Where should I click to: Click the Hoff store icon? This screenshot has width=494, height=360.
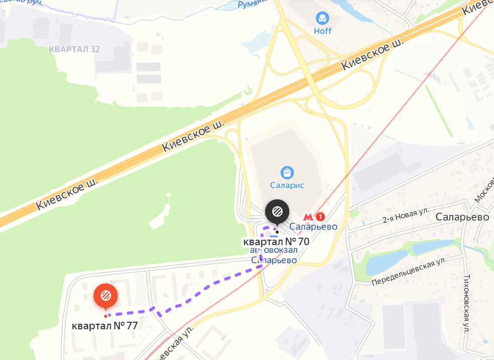pos(322,19)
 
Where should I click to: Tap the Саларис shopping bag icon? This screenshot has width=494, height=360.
pos(287,173)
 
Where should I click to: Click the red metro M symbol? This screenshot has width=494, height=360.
pos(308,217)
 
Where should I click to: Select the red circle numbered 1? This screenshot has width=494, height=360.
pos(320,217)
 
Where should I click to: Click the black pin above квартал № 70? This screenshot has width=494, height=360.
pos(277,211)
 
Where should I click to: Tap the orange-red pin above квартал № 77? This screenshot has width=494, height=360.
pos(106,296)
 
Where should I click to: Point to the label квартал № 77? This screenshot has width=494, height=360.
pos(105,326)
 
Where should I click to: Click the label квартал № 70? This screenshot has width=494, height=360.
pos(276,241)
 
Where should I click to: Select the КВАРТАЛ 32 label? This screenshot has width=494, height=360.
pos(74,49)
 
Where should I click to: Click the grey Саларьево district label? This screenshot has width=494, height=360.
pos(463,217)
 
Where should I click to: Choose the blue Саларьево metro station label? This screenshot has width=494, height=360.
pos(313,227)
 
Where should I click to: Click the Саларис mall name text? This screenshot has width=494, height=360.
pos(287,185)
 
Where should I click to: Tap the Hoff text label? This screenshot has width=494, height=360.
pos(322,31)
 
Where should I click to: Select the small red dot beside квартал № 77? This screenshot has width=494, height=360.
pos(105,316)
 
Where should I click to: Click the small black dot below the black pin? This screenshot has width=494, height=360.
pos(277,232)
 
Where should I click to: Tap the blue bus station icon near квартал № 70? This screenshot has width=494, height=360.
pos(273,238)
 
